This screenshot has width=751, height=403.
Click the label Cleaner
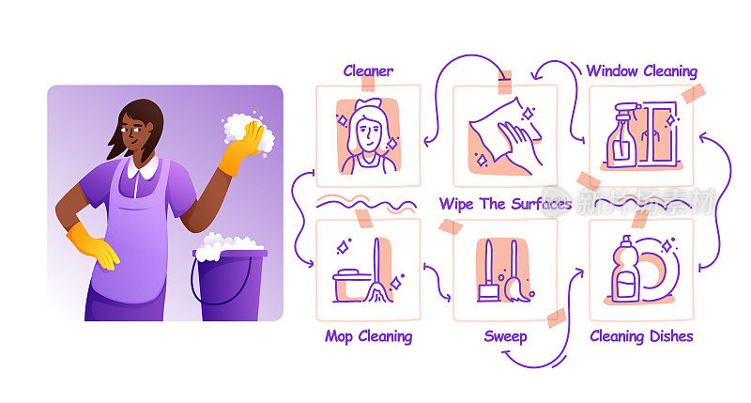coord(368,70)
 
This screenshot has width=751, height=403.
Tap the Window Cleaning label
coord(642,70)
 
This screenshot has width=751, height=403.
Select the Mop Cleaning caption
coord(368,336)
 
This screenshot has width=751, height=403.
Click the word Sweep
coord(505,336)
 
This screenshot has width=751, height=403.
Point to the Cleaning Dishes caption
coord(641,336)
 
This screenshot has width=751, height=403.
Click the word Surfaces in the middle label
coord(542,204)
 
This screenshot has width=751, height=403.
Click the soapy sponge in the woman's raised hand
coord(249,134)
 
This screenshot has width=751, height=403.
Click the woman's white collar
coord(143,169)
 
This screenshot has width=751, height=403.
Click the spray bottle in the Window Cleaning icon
coord(622,135)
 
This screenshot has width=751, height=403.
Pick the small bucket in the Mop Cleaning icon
coord(351,286)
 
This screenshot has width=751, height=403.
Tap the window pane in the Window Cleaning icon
coord(662,134)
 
